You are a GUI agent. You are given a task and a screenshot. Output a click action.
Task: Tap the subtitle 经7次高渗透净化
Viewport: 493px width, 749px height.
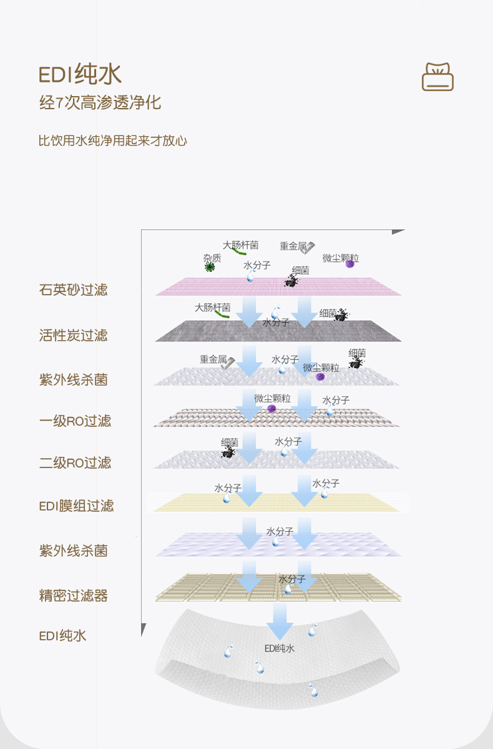pos(100,103)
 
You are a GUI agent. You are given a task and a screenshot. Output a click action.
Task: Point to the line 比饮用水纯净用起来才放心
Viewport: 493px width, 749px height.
pos(113,140)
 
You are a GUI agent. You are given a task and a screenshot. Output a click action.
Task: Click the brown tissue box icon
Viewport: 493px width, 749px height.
pos(437,77)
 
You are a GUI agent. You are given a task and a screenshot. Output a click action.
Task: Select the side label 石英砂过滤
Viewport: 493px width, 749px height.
pos(74,290)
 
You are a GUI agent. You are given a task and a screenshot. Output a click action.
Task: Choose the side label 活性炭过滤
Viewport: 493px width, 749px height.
pos(74,335)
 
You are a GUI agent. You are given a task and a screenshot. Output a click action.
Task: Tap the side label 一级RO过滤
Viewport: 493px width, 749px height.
pos(76,421)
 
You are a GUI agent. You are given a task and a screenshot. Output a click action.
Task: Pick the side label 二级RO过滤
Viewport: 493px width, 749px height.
pos(76,463)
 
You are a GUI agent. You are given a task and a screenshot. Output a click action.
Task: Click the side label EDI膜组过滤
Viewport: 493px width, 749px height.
pos(77,506)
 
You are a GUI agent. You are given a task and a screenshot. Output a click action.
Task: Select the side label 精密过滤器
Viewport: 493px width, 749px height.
pos(74,595)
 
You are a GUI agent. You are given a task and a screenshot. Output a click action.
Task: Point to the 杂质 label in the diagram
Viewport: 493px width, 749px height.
pos(212,258)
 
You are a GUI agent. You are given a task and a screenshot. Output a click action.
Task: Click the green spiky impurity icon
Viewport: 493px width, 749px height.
pos(210,267)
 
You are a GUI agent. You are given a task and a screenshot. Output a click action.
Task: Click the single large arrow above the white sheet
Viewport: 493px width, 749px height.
pos(280,620)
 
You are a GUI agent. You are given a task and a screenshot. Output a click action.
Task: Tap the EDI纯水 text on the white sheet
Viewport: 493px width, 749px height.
pos(279,649)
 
